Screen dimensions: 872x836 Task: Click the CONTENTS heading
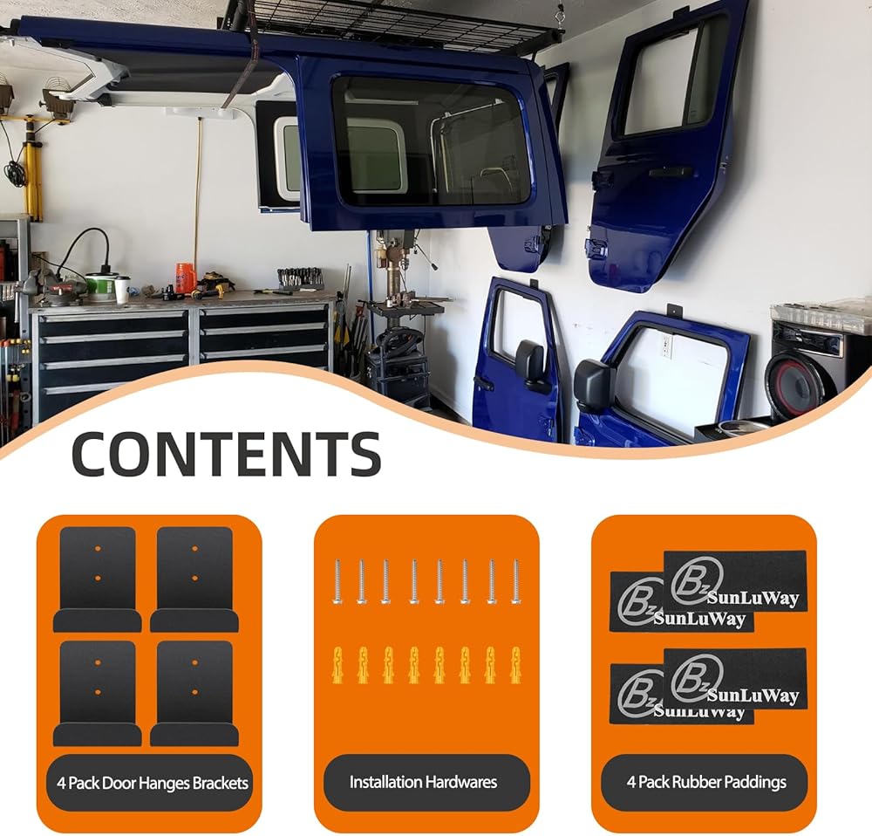coord(226,454)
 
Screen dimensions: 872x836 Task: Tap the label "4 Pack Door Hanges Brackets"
coord(147,783)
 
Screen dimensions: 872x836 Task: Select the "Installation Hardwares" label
coord(425,783)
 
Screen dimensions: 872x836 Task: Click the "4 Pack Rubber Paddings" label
coord(705,783)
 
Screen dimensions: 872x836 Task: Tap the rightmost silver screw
coord(515,581)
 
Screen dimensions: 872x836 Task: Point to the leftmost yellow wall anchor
coord(337,665)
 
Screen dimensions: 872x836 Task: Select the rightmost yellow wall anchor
coord(515,665)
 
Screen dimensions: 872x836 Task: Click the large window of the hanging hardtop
coord(431,141)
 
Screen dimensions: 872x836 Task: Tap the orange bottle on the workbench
coord(184,278)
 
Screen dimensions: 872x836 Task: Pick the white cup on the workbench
coord(122,289)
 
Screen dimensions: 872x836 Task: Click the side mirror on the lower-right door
coord(592,384)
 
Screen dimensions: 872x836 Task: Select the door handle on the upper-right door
coord(670,173)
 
